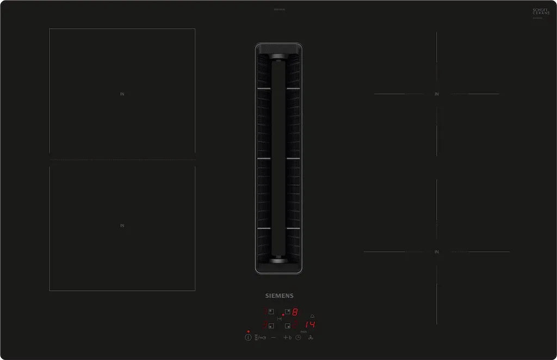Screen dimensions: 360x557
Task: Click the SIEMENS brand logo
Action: (279, 296)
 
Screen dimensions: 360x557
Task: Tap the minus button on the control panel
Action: (273, 338)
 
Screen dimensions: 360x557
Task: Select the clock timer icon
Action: (298, 338)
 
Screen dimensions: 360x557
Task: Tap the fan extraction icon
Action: (311, 338)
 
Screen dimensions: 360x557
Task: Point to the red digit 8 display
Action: (295, 312)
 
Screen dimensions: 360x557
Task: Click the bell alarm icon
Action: (312, 316)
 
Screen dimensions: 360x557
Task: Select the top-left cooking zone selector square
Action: (271, 312)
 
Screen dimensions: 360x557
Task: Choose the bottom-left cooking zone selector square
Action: (271, 325)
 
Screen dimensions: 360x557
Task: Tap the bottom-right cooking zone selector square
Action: (287, 325)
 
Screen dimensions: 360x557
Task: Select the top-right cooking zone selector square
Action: (287, 312)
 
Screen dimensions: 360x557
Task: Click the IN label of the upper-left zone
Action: (122, 94)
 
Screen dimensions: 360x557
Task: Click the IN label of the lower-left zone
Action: (122, 226)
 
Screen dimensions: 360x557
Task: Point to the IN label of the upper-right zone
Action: (436, 94)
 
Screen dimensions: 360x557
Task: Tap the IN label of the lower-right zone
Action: (436, 252)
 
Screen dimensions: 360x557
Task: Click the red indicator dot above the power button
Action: (248, 331)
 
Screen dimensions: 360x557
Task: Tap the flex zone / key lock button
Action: (259, 338)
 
